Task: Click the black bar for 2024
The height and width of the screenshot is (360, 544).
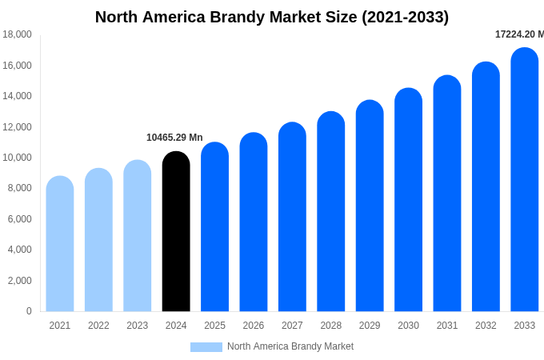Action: pos(176,232)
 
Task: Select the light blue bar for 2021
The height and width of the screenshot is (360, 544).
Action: pos(60,244)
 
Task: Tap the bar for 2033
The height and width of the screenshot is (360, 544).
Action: pos(524,180)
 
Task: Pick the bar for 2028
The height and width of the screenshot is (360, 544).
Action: pos(330,212)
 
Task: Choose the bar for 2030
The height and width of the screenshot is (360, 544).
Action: pos(408,200)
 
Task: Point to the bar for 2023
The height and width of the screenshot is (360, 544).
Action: pos(138,236)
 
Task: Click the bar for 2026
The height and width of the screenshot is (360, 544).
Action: pos(254,222)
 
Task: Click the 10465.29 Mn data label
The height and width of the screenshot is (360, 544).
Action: pos(174,138)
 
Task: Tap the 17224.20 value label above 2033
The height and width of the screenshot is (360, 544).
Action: pos(519,34)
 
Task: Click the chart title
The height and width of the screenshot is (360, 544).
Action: pos(272,17)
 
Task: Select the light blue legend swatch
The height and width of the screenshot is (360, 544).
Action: pos(206,347)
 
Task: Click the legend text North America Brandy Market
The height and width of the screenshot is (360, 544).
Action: pos(290,346)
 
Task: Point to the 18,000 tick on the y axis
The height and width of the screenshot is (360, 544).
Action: pos(17,34)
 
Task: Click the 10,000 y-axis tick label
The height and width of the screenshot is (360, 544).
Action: pos(17,158)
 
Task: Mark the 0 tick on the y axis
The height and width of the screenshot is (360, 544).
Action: pos(29,311)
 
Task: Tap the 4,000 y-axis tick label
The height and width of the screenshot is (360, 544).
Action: pos(19,250)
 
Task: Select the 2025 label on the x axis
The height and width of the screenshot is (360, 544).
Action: pos(214,326)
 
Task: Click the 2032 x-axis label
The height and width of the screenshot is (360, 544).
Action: pos(486,326)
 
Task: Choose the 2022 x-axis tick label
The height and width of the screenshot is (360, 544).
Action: pos(98,326)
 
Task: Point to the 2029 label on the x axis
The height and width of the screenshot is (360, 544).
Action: pos(370,326)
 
